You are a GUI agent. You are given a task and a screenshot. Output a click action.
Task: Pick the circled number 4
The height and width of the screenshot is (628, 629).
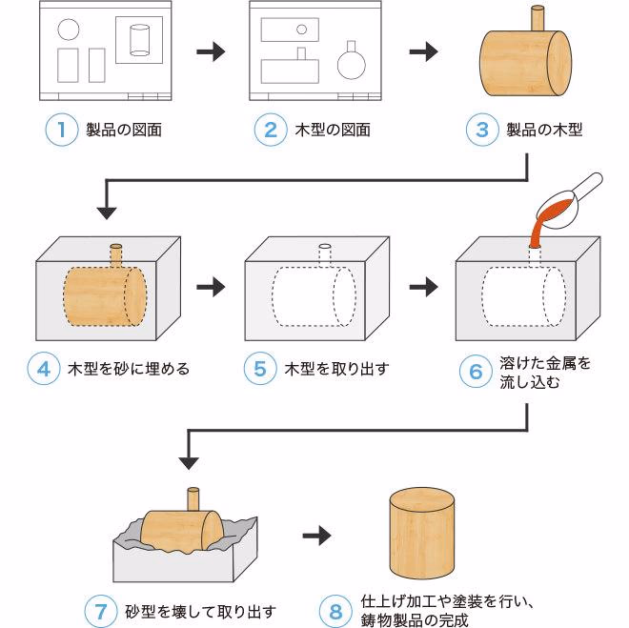pyautogui.click(x=43, y=368)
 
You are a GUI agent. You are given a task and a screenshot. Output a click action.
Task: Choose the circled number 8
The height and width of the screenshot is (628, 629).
pyautogui.click(x=335, y=610)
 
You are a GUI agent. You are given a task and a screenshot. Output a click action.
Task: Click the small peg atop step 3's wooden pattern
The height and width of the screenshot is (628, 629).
pyautogui.click(x=537, y=20)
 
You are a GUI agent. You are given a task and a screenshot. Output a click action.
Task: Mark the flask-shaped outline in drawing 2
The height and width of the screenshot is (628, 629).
pyautogui.click(x=351, y=62)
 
